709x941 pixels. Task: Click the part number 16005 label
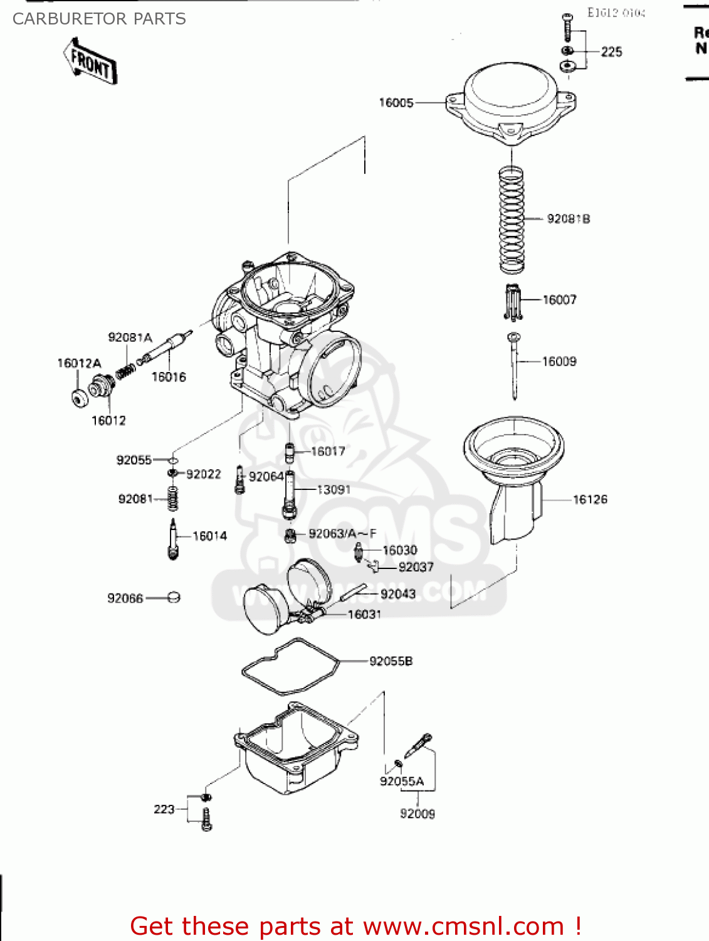tap(396, 102)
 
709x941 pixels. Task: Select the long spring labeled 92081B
tap(512, 220)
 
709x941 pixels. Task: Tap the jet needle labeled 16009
tap(514, 367)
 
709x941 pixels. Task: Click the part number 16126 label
tap(590, 499)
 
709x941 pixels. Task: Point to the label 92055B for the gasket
tap(391, 661)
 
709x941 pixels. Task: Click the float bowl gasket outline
tap(290, 666)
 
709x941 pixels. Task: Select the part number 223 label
tap(164, 809)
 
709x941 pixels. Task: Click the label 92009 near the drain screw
tap(418, 814)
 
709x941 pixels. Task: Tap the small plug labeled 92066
tap(174, 597)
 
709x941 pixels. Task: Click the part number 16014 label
tap(209, 536)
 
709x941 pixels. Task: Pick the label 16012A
tap(79, 363)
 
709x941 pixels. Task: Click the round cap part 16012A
tap(80, 398)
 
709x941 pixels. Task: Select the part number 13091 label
tap(333, 489)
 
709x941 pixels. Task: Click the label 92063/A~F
tap(342, 534)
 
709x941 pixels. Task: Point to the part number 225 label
tap(611, 52)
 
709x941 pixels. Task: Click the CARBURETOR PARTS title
tap(99, 19)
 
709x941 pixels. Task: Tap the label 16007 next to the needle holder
tap(559, 300)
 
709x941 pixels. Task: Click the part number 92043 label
tap(398, 593)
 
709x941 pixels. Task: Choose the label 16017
tap(328, 451)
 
